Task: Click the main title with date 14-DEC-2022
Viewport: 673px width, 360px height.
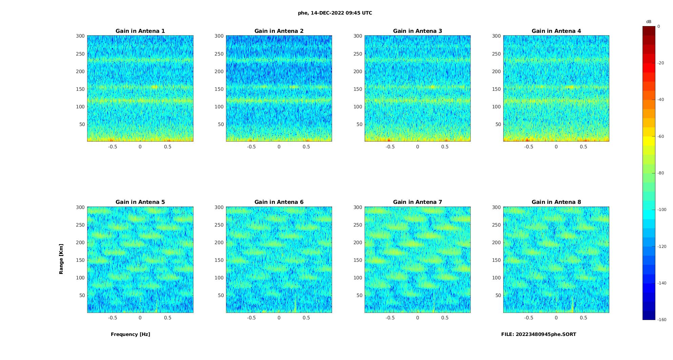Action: pos(335,13)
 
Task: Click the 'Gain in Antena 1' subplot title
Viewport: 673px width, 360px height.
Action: pos(140,31)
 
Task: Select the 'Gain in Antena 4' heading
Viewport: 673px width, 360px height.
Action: pos(556,31)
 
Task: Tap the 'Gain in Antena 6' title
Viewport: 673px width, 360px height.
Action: pos(279,202)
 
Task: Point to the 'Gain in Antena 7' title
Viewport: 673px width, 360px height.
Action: pos(417,202)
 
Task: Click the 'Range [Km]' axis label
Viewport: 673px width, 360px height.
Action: pos(61,259)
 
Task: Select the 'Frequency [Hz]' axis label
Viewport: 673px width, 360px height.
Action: pos(130,334)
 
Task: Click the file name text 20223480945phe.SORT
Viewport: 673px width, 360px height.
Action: pos(538,334)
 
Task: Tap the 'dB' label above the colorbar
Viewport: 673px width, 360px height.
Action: pos(649,22)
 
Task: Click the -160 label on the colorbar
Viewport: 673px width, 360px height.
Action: pos(661,320)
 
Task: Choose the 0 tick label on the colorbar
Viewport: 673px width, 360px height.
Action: pos(658,26)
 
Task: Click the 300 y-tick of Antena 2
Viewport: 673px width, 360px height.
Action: pos(219,36)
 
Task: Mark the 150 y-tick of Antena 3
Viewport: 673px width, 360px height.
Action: pos(358,89)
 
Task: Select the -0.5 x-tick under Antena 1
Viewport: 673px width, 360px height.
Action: pos(113,147)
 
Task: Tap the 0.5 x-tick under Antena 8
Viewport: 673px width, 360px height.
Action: pos(583,318)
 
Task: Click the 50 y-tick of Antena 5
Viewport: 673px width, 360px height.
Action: pos(82,295)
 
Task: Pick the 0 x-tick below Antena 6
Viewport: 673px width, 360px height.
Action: pos(279,318)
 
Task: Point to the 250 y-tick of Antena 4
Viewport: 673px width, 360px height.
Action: pos(496,54)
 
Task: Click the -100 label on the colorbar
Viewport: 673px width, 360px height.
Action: pos(661,210)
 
